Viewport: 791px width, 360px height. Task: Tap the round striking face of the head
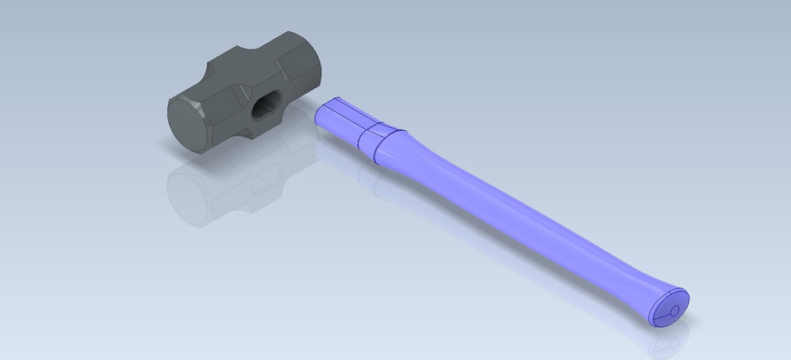(188, 125)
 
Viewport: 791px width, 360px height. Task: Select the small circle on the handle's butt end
(674, 311)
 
